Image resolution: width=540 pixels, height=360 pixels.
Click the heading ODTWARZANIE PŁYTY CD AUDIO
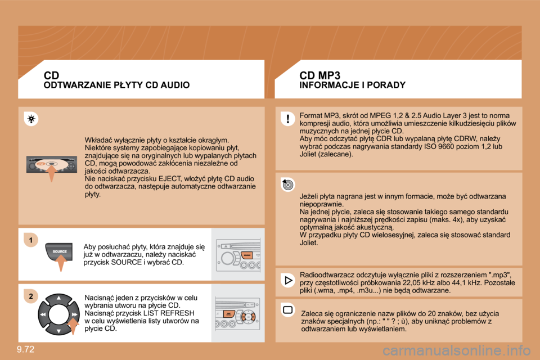pyautogui.click(x=116, y=85)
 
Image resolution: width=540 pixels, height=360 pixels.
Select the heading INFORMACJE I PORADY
pyautogui.click(x=352, y=85)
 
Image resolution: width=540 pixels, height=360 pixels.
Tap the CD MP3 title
pyautogui.click(x=320, y=75)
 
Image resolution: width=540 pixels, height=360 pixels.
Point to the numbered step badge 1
pyautogui.click(x=32, y=241)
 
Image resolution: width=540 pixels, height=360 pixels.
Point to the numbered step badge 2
pyautogui.click(x=32, y=296)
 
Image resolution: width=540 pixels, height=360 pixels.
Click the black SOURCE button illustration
pyautogui.click(x=60, y=251)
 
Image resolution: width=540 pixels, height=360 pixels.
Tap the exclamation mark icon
pyautogui.click(x=287, y=119)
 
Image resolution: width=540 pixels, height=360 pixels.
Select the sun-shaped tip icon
pyautogui.click(x=32, y=119)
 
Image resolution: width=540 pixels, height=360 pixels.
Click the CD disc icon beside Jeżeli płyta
pyautogui.click(x=287, y=184)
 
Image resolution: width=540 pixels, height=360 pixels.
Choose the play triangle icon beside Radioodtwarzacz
pyautogui.click(x=287, y=280)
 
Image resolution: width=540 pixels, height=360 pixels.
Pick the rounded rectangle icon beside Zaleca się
pyautogui.click(x=287, y=310)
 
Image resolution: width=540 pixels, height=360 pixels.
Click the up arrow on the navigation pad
pyautogui.click(x=58, y=298)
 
